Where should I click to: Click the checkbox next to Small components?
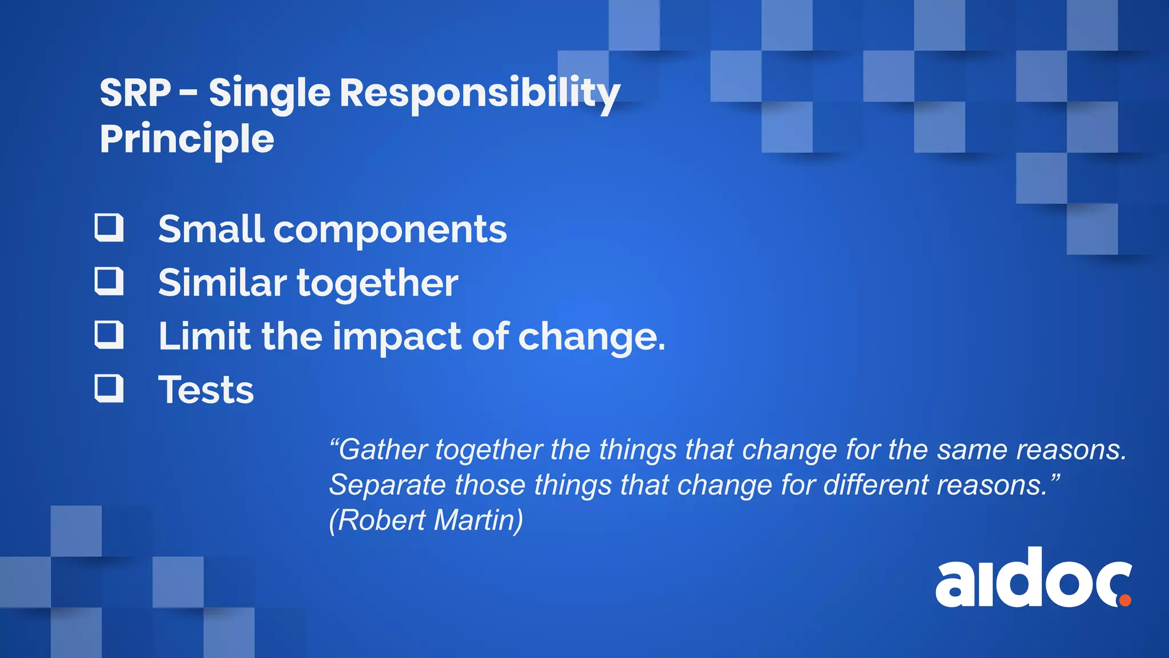point(108,227)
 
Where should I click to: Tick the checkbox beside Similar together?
point(108,281)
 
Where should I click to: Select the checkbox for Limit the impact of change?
point(108,335)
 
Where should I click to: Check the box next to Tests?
point(108,388)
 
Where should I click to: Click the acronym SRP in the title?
point(135,93)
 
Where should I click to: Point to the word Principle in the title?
point(187,139)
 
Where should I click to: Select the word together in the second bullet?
point(377,283)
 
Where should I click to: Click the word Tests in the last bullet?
point(205,390)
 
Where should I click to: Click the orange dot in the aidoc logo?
point(1124,600)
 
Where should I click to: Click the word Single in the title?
point(269,94)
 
